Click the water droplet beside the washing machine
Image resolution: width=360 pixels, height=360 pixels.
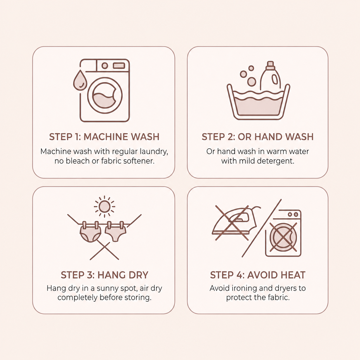[x=80, y=81]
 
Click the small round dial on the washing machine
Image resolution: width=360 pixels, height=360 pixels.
[x=105, y=66]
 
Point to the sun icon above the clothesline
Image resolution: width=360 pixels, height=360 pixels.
[x=104, y=207]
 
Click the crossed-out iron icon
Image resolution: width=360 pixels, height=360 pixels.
[x=234, y=223]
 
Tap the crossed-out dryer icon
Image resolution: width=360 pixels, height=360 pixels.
[x=283, y=233]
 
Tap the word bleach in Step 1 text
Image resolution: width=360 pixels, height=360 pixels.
[x=78, y=161]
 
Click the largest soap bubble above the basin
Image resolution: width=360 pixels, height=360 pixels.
[x=252, y=82]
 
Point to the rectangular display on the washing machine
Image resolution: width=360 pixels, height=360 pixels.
[x=119, y=66]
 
